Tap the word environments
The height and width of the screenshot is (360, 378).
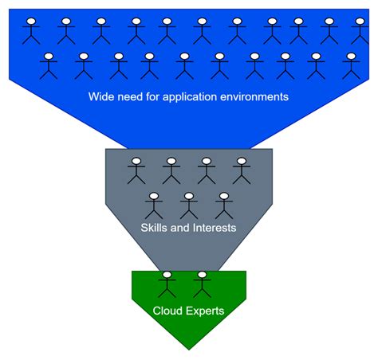tap(258, 97)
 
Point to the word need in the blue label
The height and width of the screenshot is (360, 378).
tap(132, 97)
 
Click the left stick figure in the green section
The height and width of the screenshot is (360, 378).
tap(167, 284)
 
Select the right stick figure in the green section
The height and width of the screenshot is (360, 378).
tap(202, 284)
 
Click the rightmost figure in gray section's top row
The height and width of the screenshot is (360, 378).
tap(242, 170)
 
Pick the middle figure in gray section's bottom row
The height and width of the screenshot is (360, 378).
tap(189, 205)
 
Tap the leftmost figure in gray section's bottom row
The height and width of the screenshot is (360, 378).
tap(154, 205)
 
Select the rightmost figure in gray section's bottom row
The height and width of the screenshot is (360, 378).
tap(224, 205)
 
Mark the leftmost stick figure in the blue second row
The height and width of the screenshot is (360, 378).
tap(49, 65)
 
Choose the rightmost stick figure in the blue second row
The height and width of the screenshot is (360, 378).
tap(349, 65)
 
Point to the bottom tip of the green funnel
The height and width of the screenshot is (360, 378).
tap(189, 349)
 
